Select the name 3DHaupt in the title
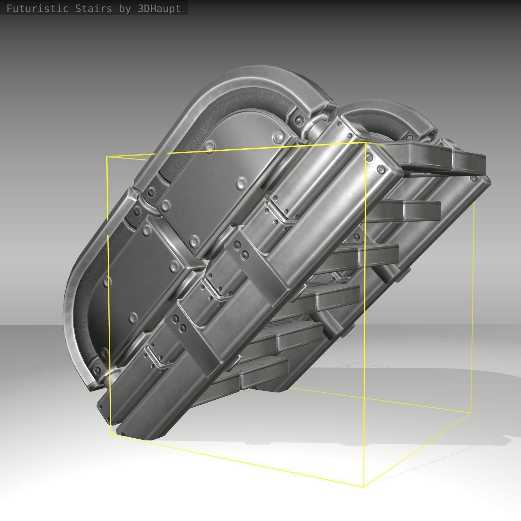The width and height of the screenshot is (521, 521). (159, 8)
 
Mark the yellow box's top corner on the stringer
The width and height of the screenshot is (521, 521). (365, 143)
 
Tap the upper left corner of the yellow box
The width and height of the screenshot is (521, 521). (107, 157)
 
